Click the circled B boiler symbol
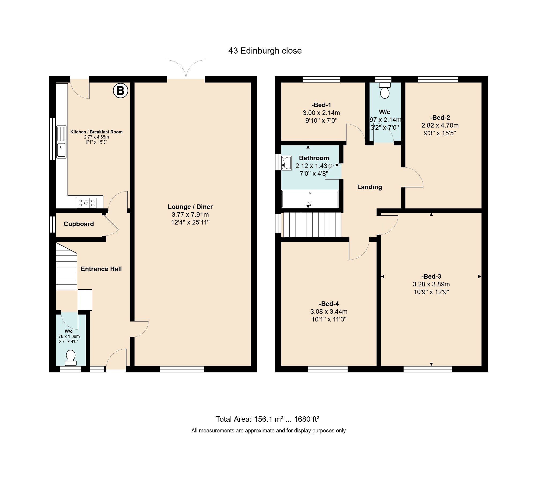(x=120, y=91)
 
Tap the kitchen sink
(x=61, y=142)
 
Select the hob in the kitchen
(x=86, y=203)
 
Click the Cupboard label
(x=79, y=224)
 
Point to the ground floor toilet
(x=71, y=358)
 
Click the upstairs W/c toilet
(x=385, y=91)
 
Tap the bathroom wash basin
(x=286, y=163)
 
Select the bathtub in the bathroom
(x=310, y=199)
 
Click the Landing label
(x=370, y=187)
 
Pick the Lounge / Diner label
(x=190, y=207)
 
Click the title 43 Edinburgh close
(x=265, y=51)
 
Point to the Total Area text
(x=268, y=419)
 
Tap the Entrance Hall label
(x=101, y=269)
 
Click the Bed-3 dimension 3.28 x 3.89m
(x=431, y=284)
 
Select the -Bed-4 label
(x=329, y=304)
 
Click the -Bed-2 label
(x=440, y=118)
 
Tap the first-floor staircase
(x=312, y=225)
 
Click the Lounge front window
(x=182, y=369)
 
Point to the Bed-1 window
(x=322, y=79)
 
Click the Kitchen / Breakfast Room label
(x=96, y=132)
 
